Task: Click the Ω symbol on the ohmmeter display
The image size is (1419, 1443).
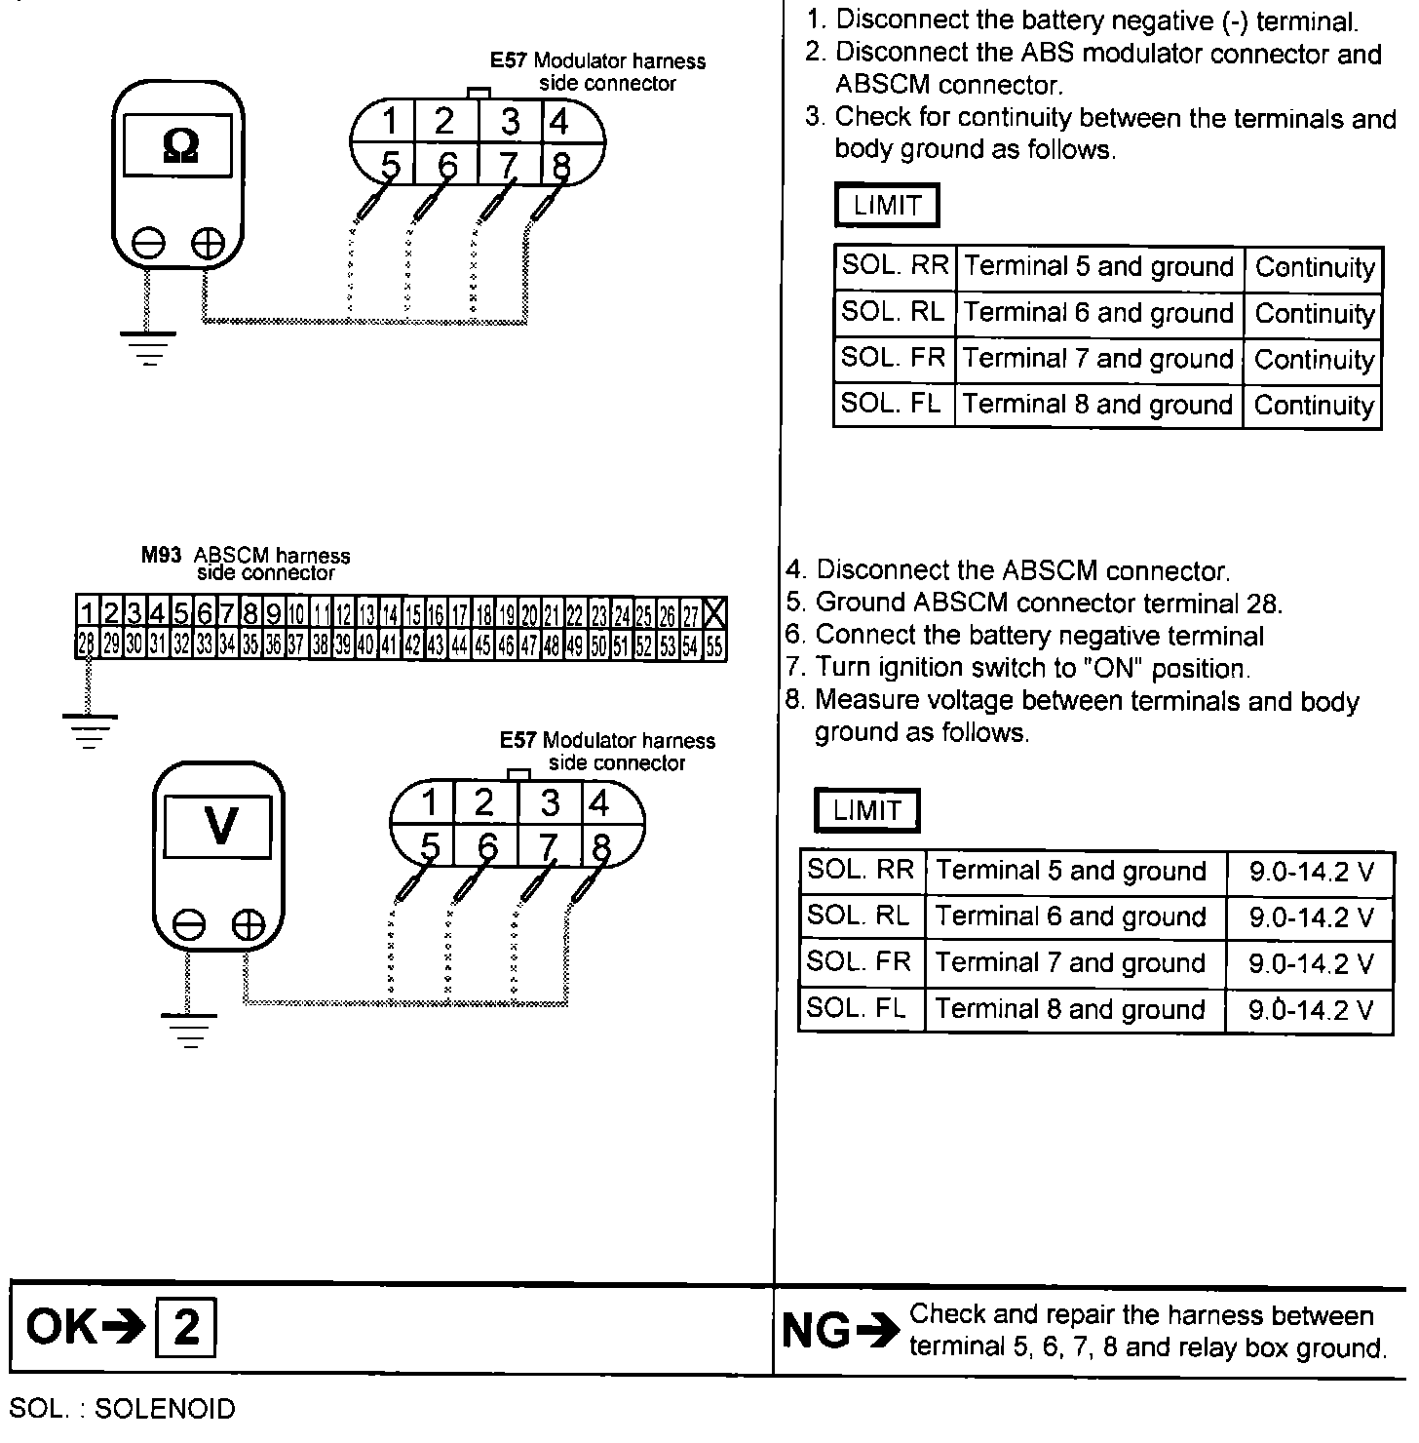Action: [x=181, y=145]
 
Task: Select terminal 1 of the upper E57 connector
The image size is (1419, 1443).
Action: [x=389, y=123]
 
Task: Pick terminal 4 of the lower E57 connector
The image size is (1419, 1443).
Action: [x=598, y=803]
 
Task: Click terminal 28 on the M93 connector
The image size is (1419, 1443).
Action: [x=86, y=644]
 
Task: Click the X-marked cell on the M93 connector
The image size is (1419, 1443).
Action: [x=714, y=613]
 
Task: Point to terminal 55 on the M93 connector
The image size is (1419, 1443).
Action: [x=714, y=645]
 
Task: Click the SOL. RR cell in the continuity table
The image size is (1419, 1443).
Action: [x=895, y=267]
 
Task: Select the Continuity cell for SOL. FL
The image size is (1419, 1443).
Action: [x=1314, y=405]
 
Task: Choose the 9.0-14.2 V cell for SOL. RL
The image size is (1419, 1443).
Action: [x=1311, y=917]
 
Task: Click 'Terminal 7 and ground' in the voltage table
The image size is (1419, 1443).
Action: [x=1070, y=963]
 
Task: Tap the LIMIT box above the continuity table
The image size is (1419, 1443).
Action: [x=887, y=206]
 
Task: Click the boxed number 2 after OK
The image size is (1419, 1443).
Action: [x=185, y=1327]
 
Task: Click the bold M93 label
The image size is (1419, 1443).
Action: [x=162, y=556]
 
